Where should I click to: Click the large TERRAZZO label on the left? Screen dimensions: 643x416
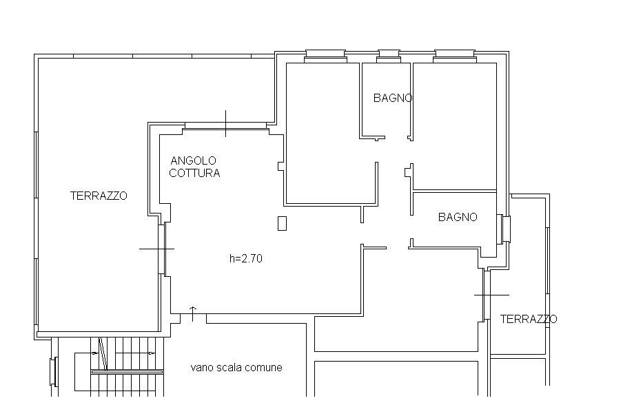(x=99, y=196)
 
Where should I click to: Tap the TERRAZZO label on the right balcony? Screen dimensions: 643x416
(x=529, y=319)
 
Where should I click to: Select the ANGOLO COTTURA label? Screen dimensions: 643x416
(x=194, y=167)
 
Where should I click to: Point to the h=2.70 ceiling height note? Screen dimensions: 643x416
(x=246, y=258)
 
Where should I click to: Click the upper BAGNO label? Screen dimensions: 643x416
(x=393, y=98)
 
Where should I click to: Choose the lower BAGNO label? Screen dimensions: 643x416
(x=458, y=217)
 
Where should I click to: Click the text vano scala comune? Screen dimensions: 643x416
(x=236, y=367)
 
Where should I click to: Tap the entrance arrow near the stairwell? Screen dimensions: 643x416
(x=193, y=313)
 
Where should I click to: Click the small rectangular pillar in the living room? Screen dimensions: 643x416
(x=282, y=223)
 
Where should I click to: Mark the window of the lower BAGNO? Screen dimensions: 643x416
(x=504, y=229)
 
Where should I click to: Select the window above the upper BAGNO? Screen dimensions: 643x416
(x=388, y=56)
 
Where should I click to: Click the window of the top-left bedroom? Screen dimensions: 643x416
(x=325, y=56)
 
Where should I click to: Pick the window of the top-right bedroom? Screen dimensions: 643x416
(x=455, y=56)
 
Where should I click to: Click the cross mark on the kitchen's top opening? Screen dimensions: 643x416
(x=225, y=124)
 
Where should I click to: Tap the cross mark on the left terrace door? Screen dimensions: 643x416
(x=156, y=249)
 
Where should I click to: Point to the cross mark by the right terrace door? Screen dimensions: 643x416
(x=491, y=295)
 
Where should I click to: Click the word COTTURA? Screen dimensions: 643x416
(x=194, y=173)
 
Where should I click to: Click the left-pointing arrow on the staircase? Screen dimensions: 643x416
(x=94, y=353)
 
